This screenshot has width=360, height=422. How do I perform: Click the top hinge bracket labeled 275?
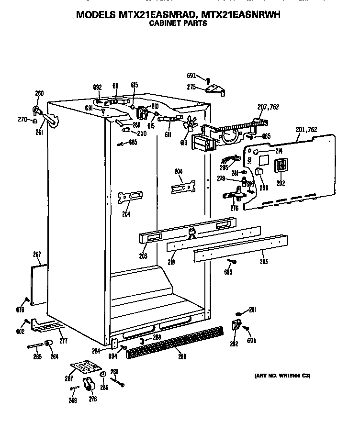217,89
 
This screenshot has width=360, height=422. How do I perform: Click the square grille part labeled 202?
279,166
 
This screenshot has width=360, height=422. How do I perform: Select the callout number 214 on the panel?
279,151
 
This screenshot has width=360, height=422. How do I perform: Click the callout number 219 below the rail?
171,262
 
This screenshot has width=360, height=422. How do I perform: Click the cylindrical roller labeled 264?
48,344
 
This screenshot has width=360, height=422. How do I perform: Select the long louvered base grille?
175,341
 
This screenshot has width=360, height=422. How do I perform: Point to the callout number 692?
97,87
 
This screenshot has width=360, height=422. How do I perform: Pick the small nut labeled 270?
35,121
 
